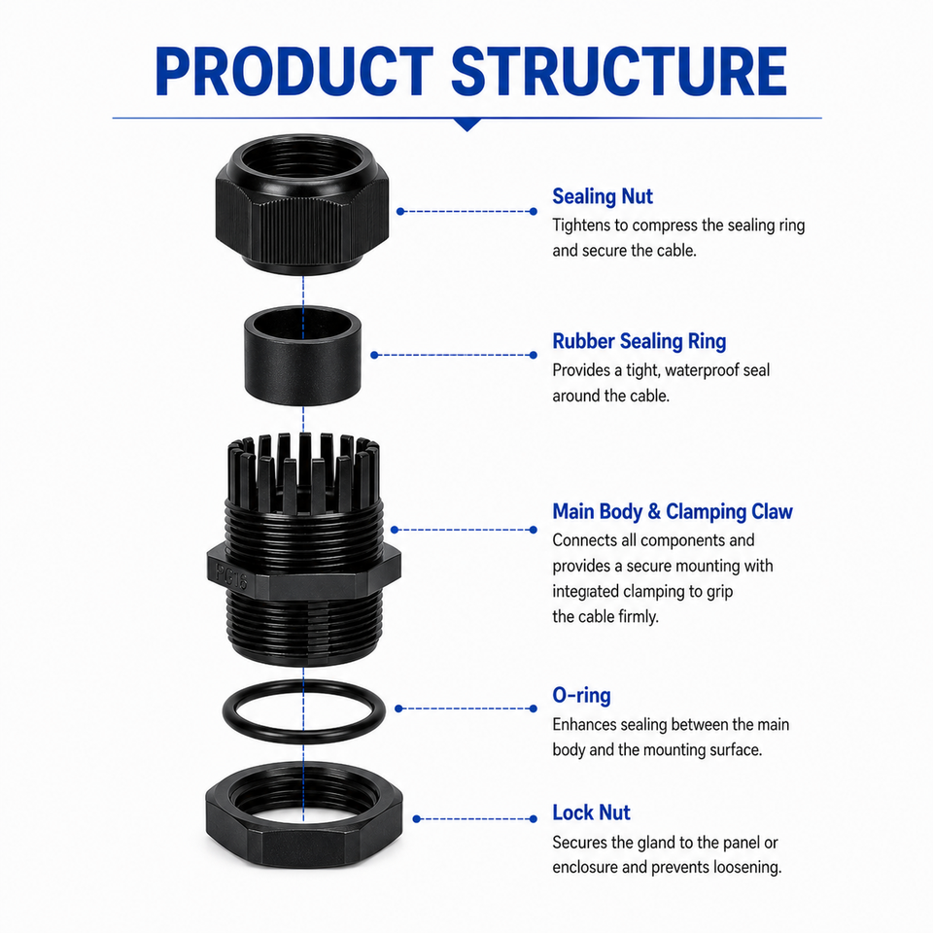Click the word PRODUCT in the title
click(x=294, y=71)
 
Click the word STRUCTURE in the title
click(x=619, y=71)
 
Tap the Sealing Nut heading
click(x=603, y=196)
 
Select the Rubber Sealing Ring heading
click(x=639, y=341)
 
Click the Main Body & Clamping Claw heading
click(x=673, y=512)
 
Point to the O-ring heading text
click(x=581, y=696)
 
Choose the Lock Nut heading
click(x=591, y=812)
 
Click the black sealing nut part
click(x=302, y=204)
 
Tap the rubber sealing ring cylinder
click(x=302, y=356)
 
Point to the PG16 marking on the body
click(x=231, y=577)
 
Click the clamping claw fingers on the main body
click(x=303, y=470)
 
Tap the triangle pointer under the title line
click(x=467, y=124)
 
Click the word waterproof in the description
click(x=702, y=371)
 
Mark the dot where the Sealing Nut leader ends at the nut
click(x=400, y=211)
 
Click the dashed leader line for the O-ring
click(x=466, y=708)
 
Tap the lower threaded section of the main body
click(x=303, y=628)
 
